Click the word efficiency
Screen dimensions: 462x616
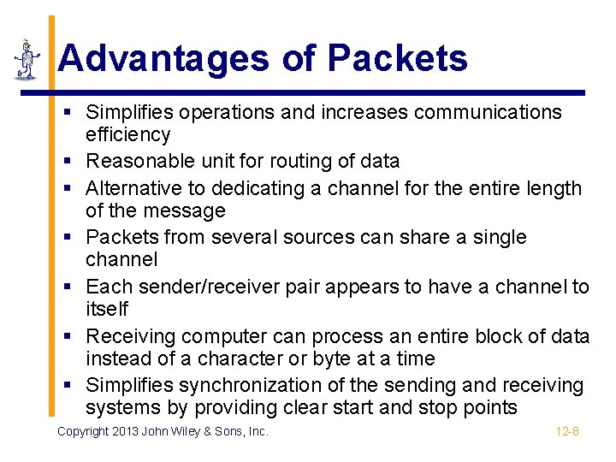(128, 134)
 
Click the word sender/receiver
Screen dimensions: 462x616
(215, 287)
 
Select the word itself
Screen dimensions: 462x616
(107, 308)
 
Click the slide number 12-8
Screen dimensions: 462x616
(567, 431)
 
